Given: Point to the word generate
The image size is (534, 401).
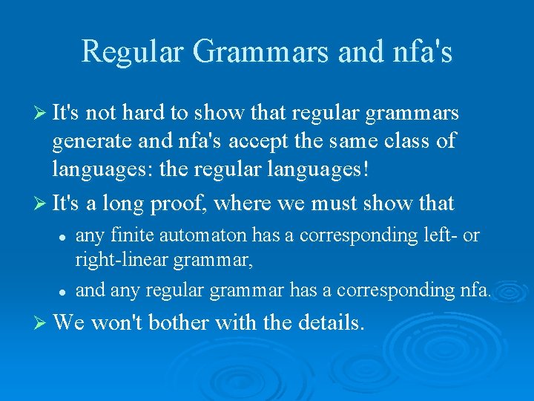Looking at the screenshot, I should click(88, 140).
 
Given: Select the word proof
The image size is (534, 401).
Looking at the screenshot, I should click(186, 202).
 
